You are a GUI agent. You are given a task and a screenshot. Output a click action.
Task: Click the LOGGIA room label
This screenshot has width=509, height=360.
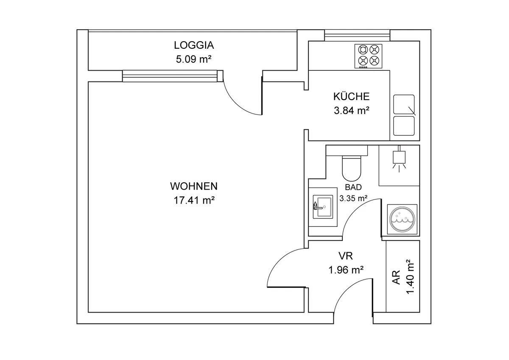point(194,45)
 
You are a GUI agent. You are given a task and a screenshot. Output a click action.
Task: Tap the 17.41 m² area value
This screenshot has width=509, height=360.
point(194,200)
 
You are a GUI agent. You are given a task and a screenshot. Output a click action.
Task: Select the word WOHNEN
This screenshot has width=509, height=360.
point(194,186)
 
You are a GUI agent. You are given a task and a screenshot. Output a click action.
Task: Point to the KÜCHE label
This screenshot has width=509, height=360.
point(351,96)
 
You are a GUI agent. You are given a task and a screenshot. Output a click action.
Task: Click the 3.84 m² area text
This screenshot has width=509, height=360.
point(351,111)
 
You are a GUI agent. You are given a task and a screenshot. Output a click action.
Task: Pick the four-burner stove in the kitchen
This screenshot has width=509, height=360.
point(368,56)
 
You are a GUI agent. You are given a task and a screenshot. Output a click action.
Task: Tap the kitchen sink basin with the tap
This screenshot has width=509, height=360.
point(404,104)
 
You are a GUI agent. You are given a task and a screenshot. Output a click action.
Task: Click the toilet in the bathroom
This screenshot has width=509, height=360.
point(352,167)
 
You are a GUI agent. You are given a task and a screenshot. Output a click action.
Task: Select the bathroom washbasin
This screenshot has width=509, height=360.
point(323,207)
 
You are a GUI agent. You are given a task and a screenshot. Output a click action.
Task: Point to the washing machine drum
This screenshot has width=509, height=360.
point(402,219)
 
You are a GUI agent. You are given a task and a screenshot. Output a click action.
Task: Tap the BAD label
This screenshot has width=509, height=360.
point(353,187)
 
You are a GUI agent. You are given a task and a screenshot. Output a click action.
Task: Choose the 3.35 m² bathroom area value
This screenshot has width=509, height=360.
point(353,198)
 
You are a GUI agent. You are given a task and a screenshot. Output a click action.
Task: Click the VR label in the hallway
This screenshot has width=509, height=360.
point(346,256)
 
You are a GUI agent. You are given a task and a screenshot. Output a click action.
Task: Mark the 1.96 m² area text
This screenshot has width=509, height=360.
point(346,270)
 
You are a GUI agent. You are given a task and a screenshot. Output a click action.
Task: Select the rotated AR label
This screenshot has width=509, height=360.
point(396,277)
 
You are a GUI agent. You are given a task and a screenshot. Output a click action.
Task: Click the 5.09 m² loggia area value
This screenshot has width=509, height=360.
point(193,59)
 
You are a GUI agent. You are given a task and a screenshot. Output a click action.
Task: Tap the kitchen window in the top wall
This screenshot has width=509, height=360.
point(357,36)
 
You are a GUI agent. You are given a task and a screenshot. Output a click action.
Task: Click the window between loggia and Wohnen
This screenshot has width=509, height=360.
point(173,76)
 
